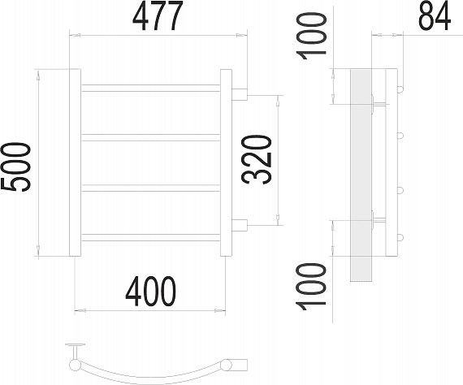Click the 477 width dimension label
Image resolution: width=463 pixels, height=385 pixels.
tap(158, 15)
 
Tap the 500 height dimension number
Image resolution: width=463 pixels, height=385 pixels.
tap(15, 167)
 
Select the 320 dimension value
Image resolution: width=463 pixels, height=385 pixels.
tap(257, 159)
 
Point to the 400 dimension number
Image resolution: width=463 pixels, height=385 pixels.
tap(150, 292)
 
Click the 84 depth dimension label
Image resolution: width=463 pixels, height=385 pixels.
tap(435, 15)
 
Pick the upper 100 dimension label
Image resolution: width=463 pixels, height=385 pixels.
tap(312, 36)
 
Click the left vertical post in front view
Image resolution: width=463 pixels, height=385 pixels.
tap(75, 162)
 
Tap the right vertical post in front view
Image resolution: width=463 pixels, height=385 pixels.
tap(226, 162)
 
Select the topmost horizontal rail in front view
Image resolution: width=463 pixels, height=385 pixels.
tap(150, 88)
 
